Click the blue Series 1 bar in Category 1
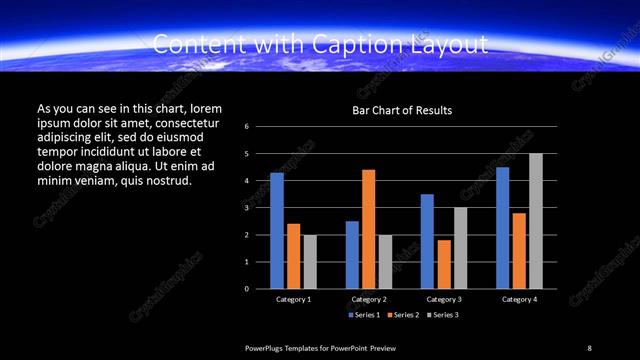click(x=277, y=231)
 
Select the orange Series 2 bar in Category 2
click(x=369, y=229)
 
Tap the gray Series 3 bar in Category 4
click(x=536, y=221)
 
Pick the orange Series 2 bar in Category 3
click(x=443, y=264)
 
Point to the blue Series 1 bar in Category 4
click(x=502, y=228)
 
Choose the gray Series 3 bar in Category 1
click(x=310, y=262)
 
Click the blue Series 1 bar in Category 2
click(x=352, y=255)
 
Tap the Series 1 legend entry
click(x=364, y=315)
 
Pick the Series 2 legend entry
click(x=402, y=315)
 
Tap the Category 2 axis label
click(x=369, y=300)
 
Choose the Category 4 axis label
click(x=518, y=300)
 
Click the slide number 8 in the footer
click(x=589, y=347)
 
